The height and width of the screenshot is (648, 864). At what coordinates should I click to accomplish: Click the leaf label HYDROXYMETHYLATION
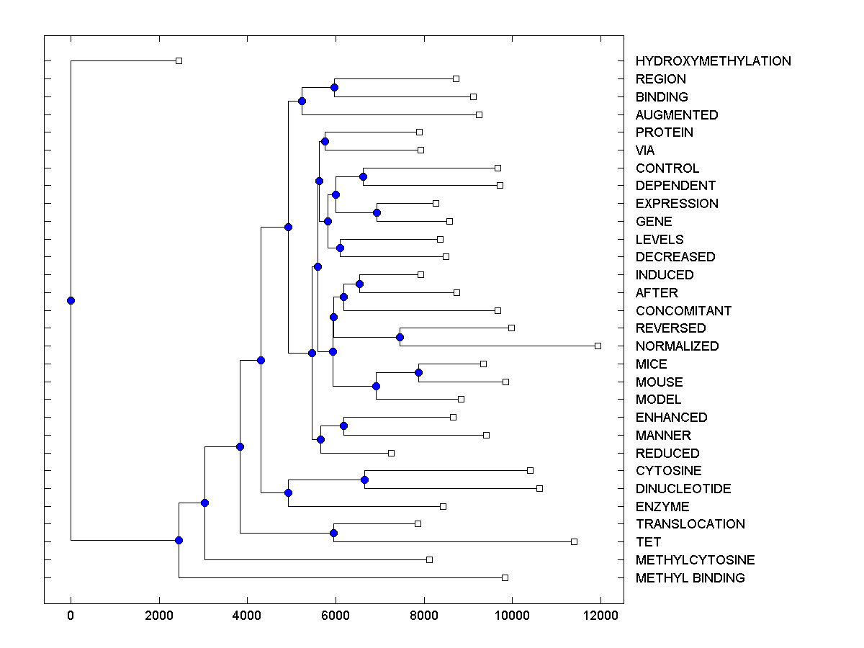coord(713,61)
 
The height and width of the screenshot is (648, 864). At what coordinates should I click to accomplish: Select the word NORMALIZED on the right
coord(677,346)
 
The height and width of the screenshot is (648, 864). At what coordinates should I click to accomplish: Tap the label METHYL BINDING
coord(690,578)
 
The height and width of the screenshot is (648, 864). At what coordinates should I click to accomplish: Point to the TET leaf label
coord(648,542)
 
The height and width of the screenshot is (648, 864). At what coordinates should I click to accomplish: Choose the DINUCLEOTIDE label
coord(683,489)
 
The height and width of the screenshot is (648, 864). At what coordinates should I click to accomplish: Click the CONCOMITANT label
coord(683,311)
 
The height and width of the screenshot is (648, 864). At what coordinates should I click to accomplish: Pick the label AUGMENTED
coord(677,115)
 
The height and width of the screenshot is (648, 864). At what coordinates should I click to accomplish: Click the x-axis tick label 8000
coord(424,616)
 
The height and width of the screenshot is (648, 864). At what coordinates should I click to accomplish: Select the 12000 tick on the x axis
coord(600,616)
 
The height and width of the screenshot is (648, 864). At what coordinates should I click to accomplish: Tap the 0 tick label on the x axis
coord(71,616)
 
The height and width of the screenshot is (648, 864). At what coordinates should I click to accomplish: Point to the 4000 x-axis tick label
coord(247,616)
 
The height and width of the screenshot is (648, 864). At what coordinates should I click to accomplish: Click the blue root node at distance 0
coord(71,300)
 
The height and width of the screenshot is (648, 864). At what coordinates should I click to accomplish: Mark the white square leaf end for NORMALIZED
coord(598,346)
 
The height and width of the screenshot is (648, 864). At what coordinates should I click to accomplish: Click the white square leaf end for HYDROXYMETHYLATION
coord(179,60)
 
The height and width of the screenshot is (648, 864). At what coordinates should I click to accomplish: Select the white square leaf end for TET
coord(574,541)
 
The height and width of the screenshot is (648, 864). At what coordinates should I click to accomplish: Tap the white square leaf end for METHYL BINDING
coord(505,577)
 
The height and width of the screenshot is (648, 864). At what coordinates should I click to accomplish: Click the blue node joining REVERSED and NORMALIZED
coord(400,337)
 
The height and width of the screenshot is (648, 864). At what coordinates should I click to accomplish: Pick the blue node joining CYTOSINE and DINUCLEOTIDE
coord(364,480)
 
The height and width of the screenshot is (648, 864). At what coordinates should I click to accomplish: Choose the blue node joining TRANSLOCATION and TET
coord(333,533)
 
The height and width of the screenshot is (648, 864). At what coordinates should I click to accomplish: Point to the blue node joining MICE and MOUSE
coord(418,372)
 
